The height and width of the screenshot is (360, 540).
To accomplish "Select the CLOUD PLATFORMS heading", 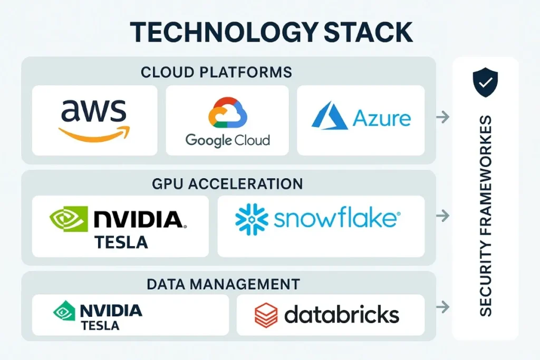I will click(x=216, y=72).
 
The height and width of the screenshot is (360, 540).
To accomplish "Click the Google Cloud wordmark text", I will click(x=228, y=140).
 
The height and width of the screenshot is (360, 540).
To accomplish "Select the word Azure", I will click(x=382, y=118).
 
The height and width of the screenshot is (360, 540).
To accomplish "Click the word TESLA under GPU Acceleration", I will click(x=121, y=242).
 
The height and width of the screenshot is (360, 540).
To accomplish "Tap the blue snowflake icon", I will click(x=251, y=219).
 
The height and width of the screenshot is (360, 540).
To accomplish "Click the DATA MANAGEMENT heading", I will click(x=223, y=284).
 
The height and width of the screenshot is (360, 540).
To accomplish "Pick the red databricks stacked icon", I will click(x=266, y=315).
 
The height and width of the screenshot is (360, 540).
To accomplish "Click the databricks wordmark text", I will click(x=342, y=315).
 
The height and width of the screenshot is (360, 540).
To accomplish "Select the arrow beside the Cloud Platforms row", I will click(x=442, y=117).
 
